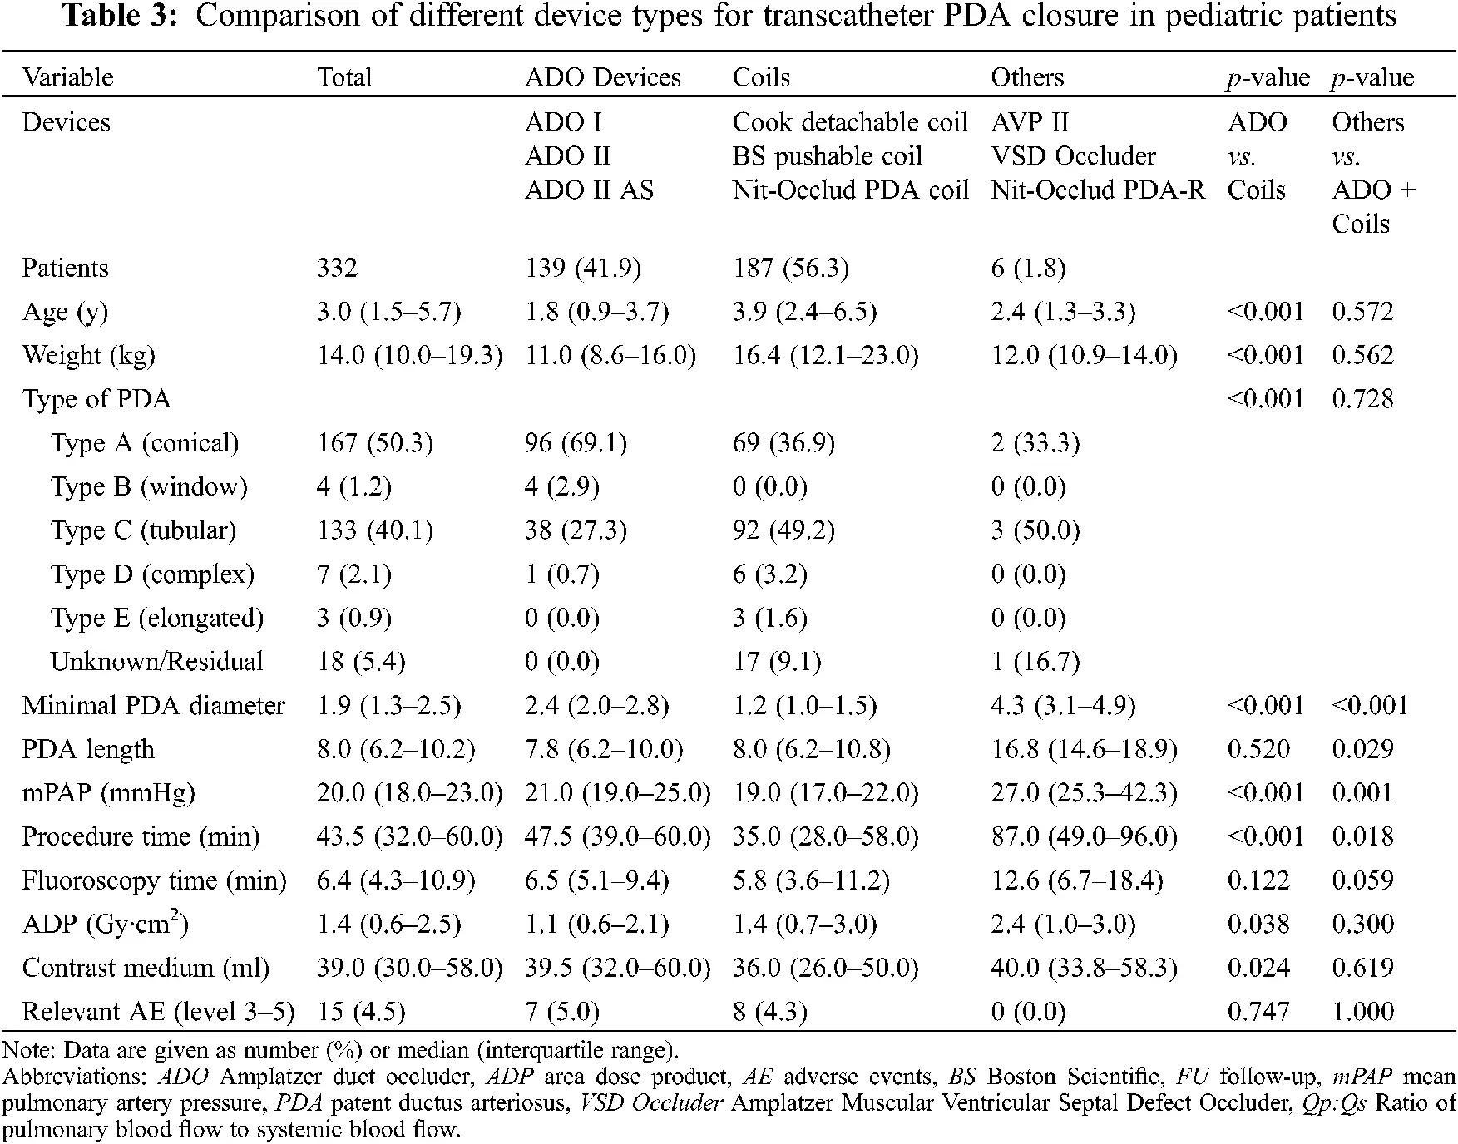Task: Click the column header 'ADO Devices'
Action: pyautogui.click(x=602, y=77)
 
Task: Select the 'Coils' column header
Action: pyautogui.click(x=761, y=77)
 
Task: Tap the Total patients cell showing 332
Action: pyautogui.click(x=337, y=269)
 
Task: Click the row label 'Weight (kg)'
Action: pyautogui.click(x=88, y=356)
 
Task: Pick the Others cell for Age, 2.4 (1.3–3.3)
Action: pyautogui.click(x=1063, y=312)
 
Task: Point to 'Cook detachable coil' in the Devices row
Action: pyautogui.click(x=850, y=122)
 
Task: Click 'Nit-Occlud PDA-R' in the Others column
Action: pyautogui.click(x=1097, y=190)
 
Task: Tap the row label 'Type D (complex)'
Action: pyautogui.click(x=152, y=574)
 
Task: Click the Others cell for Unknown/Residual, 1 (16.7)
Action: pyautogui.click(x=1035, y=662)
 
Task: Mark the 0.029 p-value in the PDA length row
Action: pyautogui.click(x=1362, y=750)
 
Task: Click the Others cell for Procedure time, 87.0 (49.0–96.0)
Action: pyautogui.click(x=1084, y=836)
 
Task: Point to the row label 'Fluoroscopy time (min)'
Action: pyautogui.click(x=154, y=880)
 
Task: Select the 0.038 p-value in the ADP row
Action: pyautogui.click(x=1258, y=925)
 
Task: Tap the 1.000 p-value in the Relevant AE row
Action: pyautogui.click(x=1362, y=1012)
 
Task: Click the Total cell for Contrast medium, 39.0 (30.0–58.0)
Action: pyautogui.click(x=409, y=969)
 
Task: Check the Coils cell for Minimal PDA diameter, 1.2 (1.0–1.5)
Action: pyautogui.click(x=804, y=706)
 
